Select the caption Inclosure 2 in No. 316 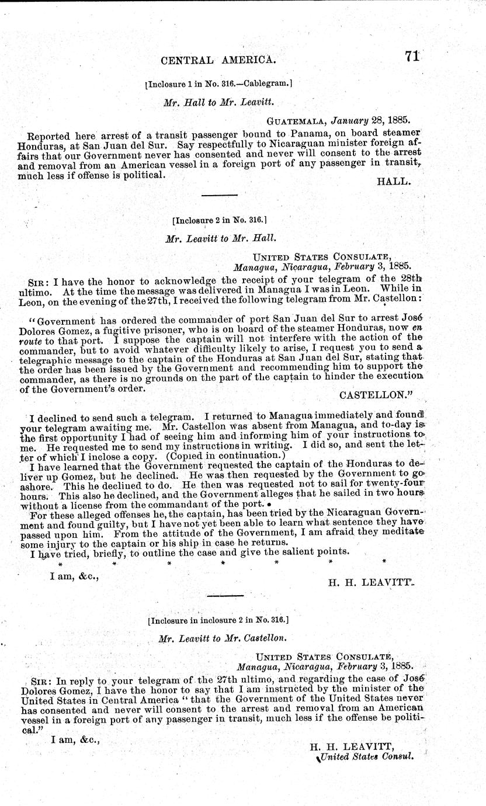coord(219,221)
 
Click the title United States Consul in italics coord(365,755)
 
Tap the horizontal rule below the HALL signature coord(219,194)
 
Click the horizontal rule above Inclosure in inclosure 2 coord(225,596)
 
